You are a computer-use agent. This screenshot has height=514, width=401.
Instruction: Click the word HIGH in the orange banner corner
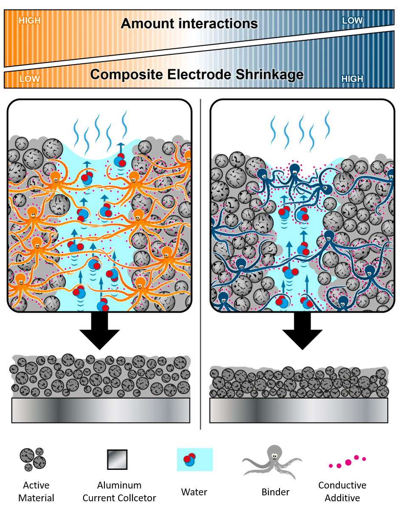pyautogui.click(x=29, y=20)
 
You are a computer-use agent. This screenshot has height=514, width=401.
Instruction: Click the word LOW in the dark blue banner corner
pyautogui.click(x=353, y=20)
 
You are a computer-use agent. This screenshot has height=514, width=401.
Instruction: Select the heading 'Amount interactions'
pyautogui.click(x=189, y=23)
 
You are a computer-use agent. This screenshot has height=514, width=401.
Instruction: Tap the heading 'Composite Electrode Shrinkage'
pyautogui.click(x=197, y=75)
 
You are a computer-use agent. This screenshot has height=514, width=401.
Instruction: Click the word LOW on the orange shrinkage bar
pyautogui.click(x=30, y=79)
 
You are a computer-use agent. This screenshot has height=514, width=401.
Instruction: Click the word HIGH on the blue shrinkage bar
pyautogui.click(x=352, y=79)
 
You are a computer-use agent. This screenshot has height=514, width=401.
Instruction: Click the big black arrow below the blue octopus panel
pyautogui.click(x=302, y=331)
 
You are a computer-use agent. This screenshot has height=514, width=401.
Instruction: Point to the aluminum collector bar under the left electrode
pyautogui.click(x=101, y=410)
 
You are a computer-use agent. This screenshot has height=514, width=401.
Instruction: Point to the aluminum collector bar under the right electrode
pyautogui.click(x=299, y=410)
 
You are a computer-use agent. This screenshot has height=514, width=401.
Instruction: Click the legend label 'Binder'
pyautogui.click(x=276, y=492)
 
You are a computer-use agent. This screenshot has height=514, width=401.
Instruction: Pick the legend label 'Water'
pyautogui.click(x=194, y=492)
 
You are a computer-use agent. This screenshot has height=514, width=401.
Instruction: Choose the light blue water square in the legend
pyautogui.click(x=195, y=460)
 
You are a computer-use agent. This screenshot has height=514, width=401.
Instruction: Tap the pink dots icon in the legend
pyautogui.click(x=347, y=462)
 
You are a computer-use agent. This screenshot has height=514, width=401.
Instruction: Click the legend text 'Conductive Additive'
pyautogui.click(x=342, y=491)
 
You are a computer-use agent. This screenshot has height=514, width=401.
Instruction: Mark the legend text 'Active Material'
pyautogui.click(x=36, y=491)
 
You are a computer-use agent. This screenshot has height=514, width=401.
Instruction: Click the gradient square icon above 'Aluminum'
pyautogui.click(x=117, y=459)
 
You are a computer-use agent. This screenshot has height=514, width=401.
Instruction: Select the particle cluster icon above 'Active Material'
pyautogui.click(x=33, y=459)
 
